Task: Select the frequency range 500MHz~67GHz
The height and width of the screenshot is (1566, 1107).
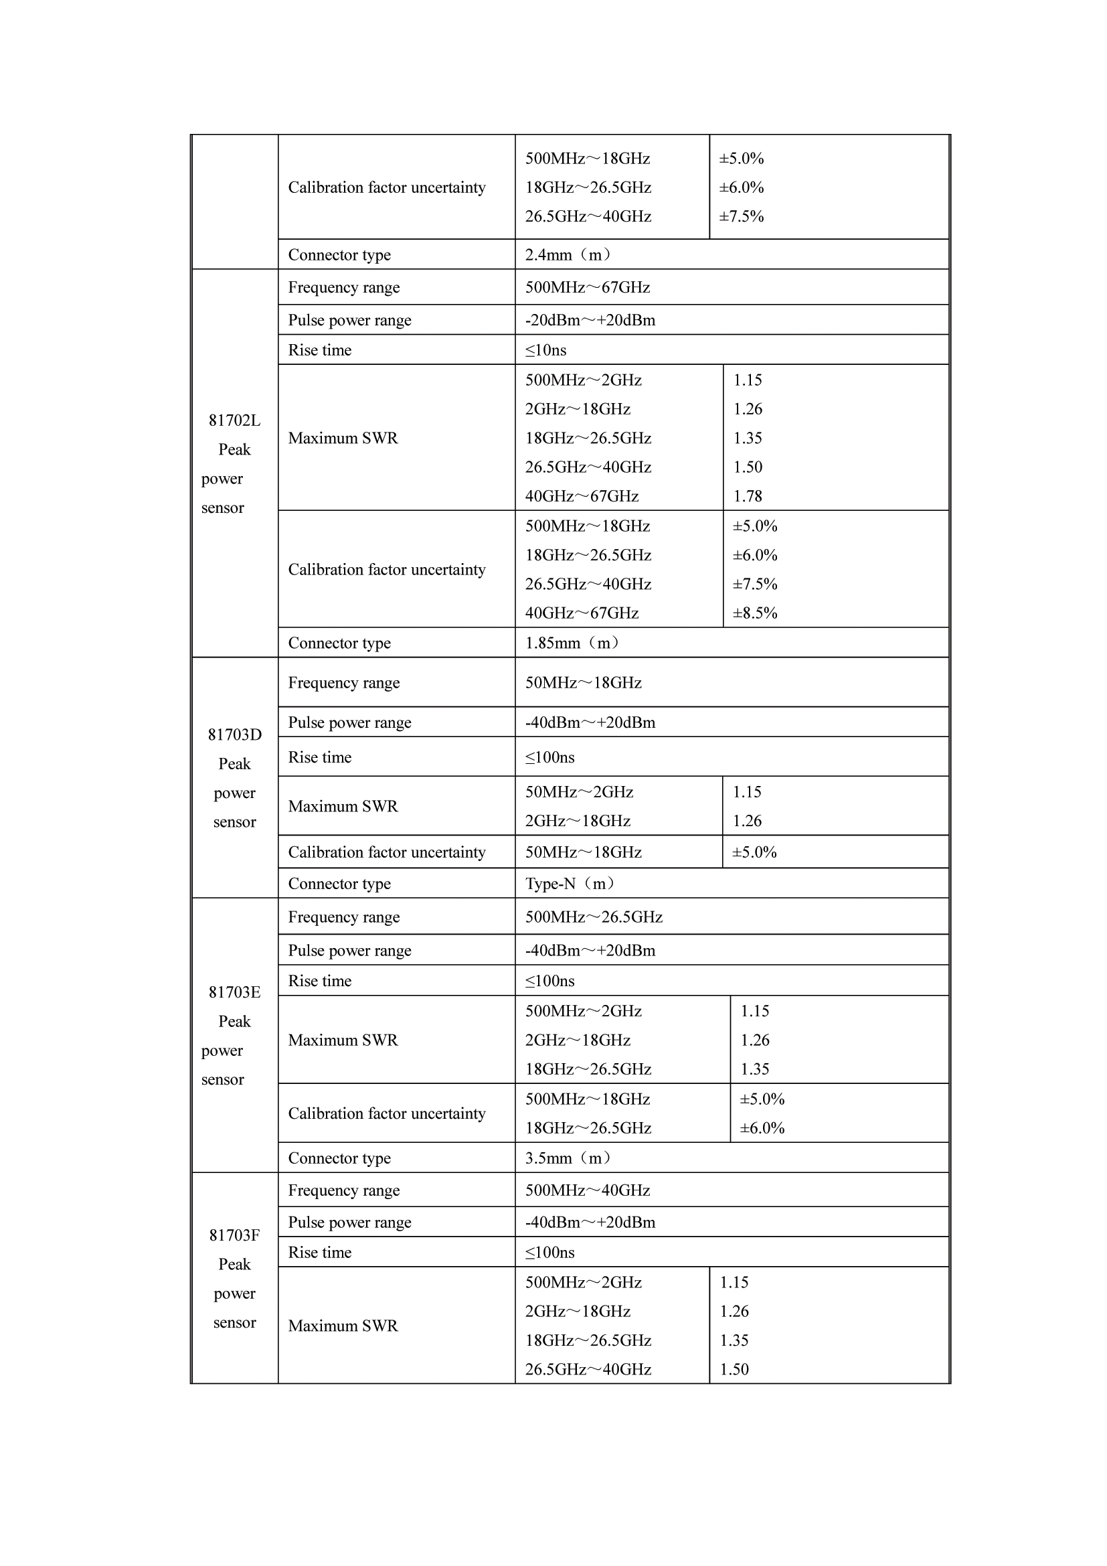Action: (x=587, y=287)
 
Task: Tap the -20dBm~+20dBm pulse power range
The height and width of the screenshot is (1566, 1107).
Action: (x=590, y=320)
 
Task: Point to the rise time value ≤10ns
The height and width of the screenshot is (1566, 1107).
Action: (x=545, y=350)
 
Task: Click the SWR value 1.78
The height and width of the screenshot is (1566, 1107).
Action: (x=747, y=496)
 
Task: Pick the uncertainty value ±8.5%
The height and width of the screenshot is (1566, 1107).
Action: (x=754, y=613)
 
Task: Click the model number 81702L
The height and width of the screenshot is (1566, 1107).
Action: (x=234, y=420)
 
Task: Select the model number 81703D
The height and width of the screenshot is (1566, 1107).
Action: (x=234, y=734)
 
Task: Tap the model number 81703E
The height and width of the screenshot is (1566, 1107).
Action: (x=234, y=992)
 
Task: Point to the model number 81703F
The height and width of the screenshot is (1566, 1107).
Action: (x=234, y=1235)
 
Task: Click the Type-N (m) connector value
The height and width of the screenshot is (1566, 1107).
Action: (x=569, y=883)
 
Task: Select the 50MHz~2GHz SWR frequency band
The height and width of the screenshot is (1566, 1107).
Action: (x=579, y=792)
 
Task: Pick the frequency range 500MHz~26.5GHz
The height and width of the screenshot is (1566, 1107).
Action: (x=593, y=917)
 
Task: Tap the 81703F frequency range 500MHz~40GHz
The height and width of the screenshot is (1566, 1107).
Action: (x=587, y=1190)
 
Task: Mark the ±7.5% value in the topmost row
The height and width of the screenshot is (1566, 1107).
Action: (x=741, y=216)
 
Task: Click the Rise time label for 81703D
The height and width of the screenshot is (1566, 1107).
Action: (x=320, y=757)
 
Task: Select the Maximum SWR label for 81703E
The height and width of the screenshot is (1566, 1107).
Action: (x=342, y=1040)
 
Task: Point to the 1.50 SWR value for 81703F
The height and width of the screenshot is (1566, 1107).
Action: (x=734, y=1369)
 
